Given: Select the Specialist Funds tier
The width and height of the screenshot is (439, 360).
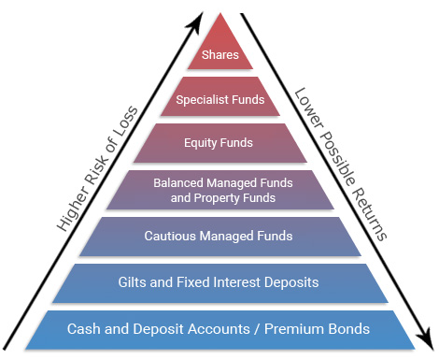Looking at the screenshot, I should (220, 98).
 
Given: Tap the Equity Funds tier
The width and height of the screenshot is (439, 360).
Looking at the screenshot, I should (220, 143).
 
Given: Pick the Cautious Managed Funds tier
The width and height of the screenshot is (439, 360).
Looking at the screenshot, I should (220, 236).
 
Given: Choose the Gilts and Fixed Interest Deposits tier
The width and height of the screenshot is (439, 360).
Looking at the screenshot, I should (220, 281).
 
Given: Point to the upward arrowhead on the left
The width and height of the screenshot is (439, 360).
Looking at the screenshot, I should (197, 18).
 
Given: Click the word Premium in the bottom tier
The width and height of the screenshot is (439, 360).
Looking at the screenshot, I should (302, 328).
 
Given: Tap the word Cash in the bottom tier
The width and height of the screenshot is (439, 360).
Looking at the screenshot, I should (84, 328).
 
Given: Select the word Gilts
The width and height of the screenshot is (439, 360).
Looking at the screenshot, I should (132, 281).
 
